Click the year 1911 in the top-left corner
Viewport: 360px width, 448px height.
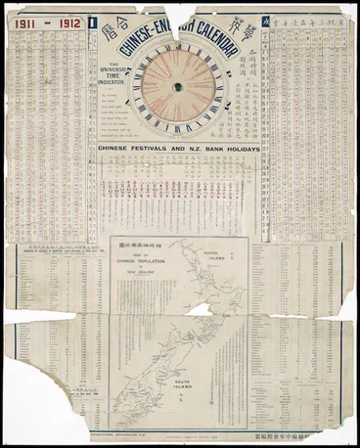[x=28, y=20]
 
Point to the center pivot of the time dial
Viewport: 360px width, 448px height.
[x=178, y=87]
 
